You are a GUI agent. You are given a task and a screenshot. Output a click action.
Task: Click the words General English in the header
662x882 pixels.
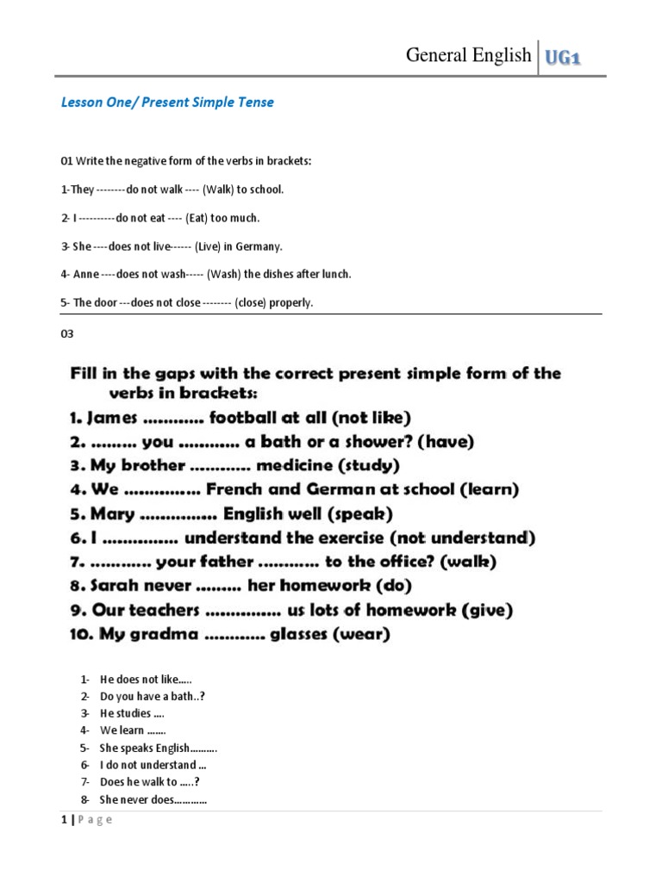click(x=468, y=55)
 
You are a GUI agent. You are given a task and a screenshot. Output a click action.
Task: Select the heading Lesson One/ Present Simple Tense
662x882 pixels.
click(x=167, y=102)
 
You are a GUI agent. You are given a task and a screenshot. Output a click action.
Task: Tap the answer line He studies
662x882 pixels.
click(x=131, y=713)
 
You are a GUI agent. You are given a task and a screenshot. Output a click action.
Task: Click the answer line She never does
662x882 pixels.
click(x=153, y=799)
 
